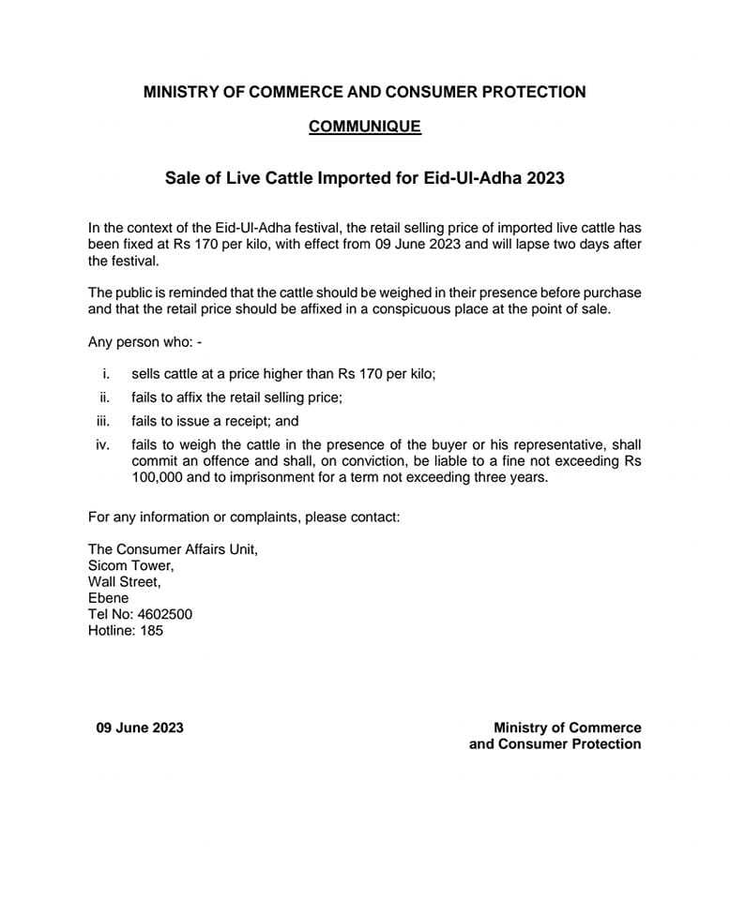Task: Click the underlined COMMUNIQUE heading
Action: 365,127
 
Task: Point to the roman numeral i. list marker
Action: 107,373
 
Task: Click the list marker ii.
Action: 105,397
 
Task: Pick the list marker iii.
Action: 104,422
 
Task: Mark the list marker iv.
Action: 103,444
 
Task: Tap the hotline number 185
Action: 149,631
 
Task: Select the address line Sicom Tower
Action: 130,565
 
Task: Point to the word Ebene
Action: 108,598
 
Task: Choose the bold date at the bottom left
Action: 140,727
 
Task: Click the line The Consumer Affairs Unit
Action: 173,549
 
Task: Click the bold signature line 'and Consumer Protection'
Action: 555,744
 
